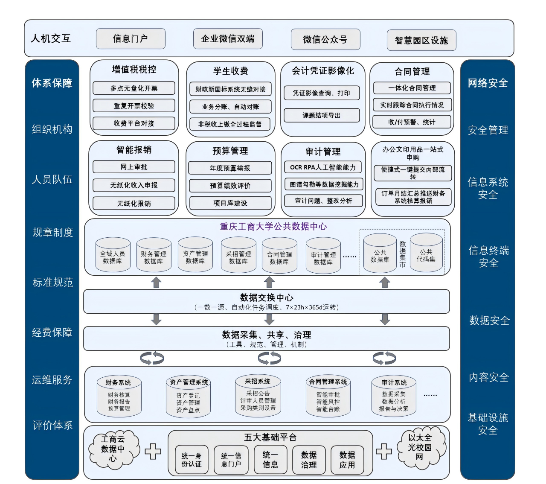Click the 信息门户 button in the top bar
[x=131, y=39]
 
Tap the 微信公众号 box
[x=325, y=40]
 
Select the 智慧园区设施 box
[x=421, y=41]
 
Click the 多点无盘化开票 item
[x=134, y=88]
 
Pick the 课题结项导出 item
[x=322, y=115]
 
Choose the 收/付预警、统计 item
[x=412, y=122]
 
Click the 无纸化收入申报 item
[x=134, y=185]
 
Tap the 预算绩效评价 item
[x=230, y=186]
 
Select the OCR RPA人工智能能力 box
[x=323, y=167]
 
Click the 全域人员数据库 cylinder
[x=113, y=255]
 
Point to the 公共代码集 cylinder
[x=426, y=253]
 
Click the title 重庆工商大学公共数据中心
[x=273, y=227]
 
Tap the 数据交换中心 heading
[x=267, y=297]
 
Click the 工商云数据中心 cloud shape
[x=113, y=449]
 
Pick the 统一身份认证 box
[x=192, y=460]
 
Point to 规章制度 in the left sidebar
[x=52, y=233]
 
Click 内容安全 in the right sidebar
[x=489, y=377]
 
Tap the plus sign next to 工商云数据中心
[x=153, y=451]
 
